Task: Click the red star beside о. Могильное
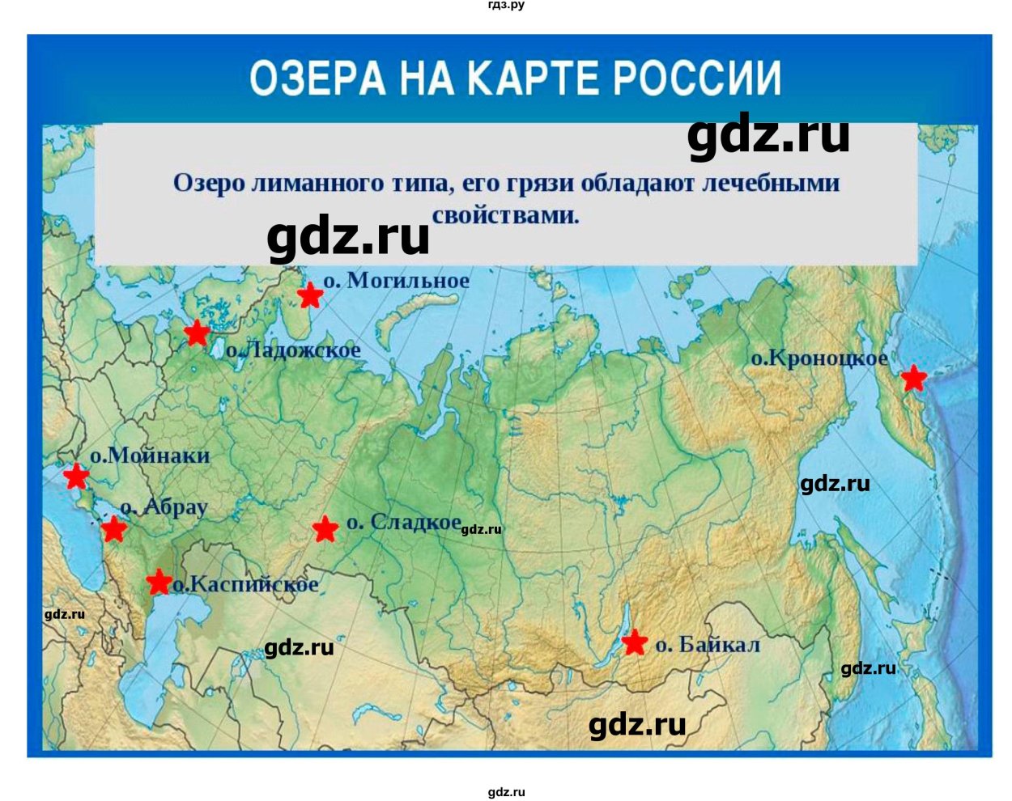310,295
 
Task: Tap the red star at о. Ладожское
197,333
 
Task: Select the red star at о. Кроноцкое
913,377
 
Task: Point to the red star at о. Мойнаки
76,476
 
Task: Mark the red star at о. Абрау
114,530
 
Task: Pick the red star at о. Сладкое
325,529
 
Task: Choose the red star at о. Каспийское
159,582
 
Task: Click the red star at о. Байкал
635,642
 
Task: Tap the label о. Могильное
396,281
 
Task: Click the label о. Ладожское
293,350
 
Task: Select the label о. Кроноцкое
819,358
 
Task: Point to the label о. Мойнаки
150,456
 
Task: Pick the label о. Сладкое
403,523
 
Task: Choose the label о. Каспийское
245,584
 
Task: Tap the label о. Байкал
708,645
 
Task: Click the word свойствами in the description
505,215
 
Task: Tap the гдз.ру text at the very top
506,6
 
